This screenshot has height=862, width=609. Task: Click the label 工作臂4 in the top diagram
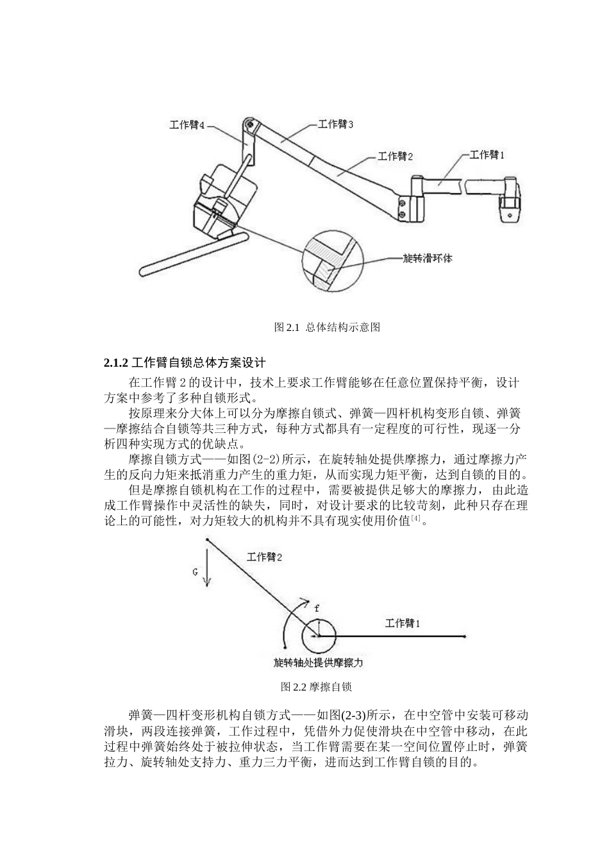pyautogui.click(x=187, y=126)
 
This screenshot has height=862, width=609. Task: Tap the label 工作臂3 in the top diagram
pyautogui.click(x=335, y=124)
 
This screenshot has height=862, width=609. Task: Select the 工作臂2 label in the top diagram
pyautogui.click(x=396, y=156)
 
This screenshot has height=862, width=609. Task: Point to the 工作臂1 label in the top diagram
pyautogui.click(x=487, y=155)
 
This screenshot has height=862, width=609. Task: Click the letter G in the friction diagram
pyautogui.click(x=196, y=571)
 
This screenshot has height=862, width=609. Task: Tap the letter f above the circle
pyautogui.click(x=316, y=607)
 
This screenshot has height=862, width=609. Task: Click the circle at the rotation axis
pyautogui.click(x=319, y=636)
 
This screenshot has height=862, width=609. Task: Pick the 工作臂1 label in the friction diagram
pyautogui.click(x=403, y=622)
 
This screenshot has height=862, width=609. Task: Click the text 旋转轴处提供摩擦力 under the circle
pyautogui.click(x=322, y=663)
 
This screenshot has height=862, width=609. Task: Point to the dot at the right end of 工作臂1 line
pyautogui.click(x=463, y=636)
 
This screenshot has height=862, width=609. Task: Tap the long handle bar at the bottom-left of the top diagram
pyautogui.click(x=192, y=255)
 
